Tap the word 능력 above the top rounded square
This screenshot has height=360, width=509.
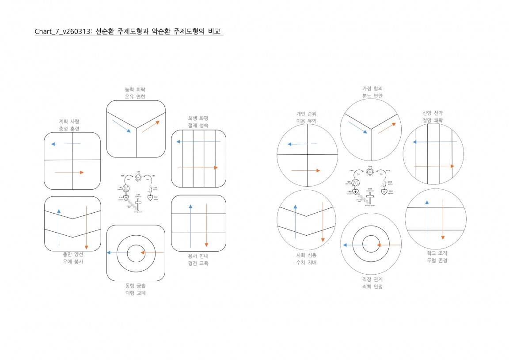point(130,89)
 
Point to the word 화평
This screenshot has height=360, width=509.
point(204,118)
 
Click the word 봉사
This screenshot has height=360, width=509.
point(78,261)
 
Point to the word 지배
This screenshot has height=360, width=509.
point(311,262)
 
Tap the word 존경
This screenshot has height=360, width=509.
point(442,260)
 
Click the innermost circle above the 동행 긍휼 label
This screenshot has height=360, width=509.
point(136,253)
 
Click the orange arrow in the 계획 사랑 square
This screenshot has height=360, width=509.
point(69,172)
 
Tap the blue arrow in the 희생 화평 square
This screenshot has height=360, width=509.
point(198,142)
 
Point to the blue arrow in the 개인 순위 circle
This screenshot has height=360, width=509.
point(302,144)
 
